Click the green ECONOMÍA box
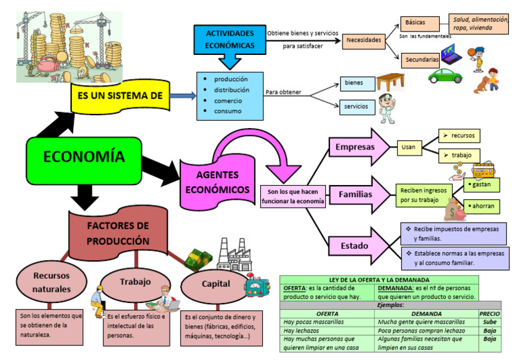[84, 158]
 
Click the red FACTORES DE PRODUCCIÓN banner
[118, 233]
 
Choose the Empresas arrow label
[355, 147]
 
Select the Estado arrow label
[354, 246]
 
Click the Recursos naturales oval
[52, 282]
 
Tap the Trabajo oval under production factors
[135, 282]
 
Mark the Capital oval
[216, 284]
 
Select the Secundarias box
[422, 60]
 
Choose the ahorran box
[482, 206]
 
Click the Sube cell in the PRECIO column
[489, 322]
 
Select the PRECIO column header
[489, 313]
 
